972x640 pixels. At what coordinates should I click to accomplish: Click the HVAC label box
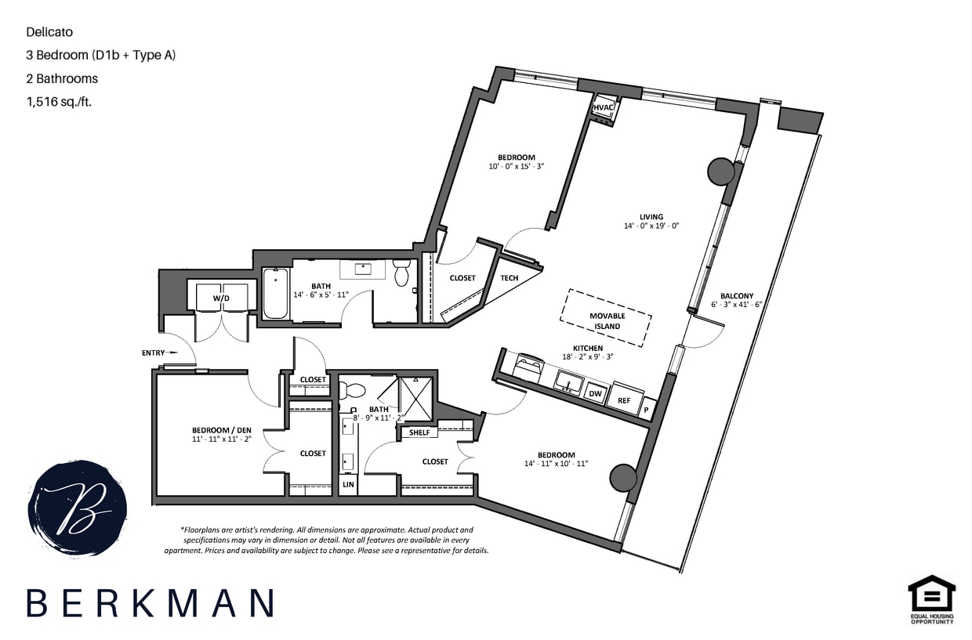tap(603, 107)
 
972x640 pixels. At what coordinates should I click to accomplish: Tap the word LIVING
tap(651, 217)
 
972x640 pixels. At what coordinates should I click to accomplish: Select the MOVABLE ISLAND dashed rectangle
tap(606, 317)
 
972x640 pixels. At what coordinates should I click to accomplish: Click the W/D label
tap(223, 298)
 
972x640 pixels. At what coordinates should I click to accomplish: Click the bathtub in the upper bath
tap(274, 294)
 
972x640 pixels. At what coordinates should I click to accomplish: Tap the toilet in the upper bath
tap(402, 273)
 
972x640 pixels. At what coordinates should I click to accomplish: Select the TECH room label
tap(510, 278)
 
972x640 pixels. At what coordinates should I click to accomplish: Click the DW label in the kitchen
tap(596, 394)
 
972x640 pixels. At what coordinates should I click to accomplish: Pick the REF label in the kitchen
tap(624, 400)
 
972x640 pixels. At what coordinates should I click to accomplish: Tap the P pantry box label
tap(647, 409)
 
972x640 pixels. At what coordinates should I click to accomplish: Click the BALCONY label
tap(737, 296)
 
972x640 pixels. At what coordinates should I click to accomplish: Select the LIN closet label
tap(348, 485)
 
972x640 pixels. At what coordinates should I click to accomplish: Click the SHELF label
tap(419, 432)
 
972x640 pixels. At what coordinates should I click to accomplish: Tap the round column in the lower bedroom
tap(623, 476)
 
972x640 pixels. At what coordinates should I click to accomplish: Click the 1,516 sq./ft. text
tap(59, 101)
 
